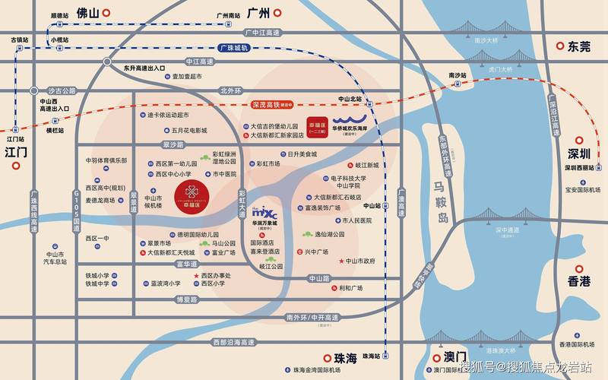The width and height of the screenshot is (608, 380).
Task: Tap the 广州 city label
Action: pos(258,12)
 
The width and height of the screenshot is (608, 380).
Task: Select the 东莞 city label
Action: pos(578,46)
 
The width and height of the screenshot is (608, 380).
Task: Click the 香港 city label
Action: pos(578,281)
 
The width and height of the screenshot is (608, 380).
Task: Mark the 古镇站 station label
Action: pos(18,39)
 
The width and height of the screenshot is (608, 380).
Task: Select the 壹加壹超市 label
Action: pos(186,77)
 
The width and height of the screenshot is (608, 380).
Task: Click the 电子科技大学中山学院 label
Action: pos(349,182)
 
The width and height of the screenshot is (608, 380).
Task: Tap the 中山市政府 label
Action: pos(359,261)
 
